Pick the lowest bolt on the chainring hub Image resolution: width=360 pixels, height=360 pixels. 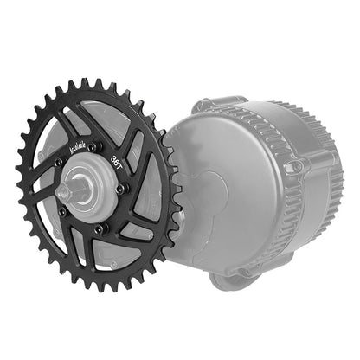click(x=99, y=228)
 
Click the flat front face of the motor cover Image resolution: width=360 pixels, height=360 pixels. click(x=216, y=199)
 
